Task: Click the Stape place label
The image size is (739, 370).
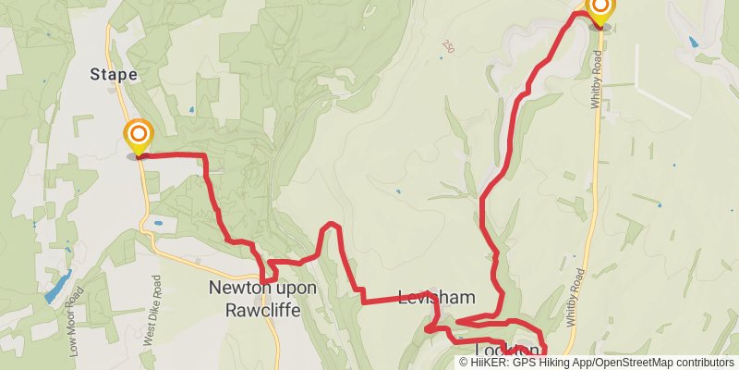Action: (114, 74)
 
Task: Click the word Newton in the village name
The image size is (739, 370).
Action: (237, 288)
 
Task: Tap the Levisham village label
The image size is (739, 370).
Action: (436, 298)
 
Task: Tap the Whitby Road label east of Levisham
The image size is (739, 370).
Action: (575, 297)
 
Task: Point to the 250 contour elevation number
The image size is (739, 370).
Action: (449, 45)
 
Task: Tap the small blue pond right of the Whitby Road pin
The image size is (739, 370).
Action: (693, 42)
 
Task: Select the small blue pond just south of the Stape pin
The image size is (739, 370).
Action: (158, 223)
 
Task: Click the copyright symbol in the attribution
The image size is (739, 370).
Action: (465, 363)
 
